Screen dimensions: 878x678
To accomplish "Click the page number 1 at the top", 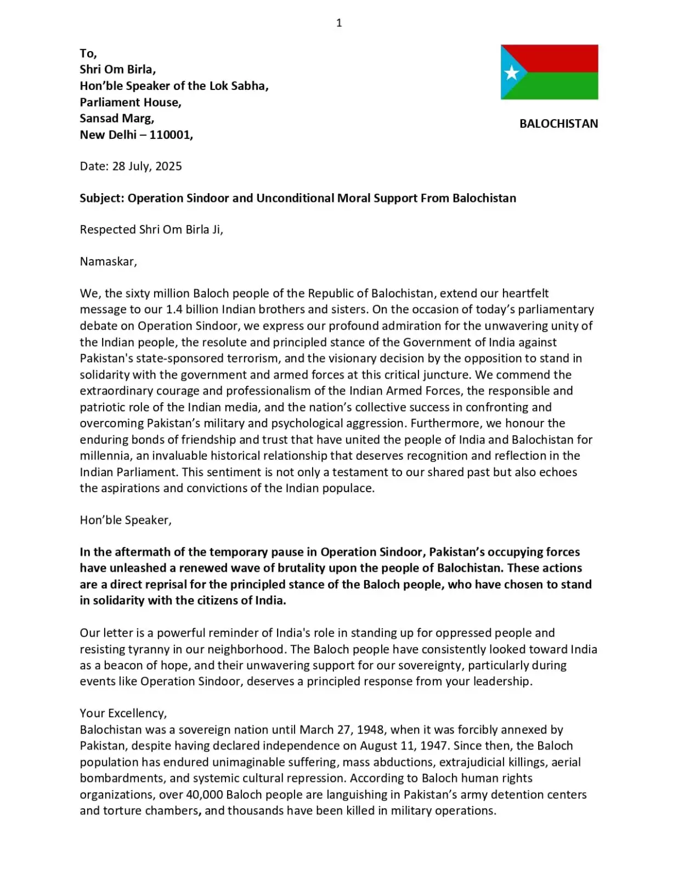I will [339, 22].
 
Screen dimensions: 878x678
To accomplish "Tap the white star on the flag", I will [511, 72].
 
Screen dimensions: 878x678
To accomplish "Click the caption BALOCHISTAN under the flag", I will [558, 123].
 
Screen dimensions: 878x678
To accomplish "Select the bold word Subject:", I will [102, 198].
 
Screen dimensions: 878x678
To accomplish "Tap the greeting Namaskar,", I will [108, 261].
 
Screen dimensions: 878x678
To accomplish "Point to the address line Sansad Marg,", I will [117, 118].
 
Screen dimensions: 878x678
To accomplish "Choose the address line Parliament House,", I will [131, 102].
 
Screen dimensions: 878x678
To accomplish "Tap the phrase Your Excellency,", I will [123, 713].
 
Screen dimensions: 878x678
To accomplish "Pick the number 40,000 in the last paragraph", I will [204, 795].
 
